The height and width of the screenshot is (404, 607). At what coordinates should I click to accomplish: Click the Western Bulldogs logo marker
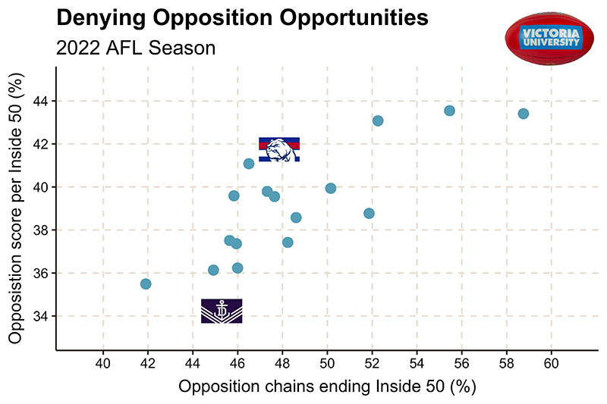(279, 149)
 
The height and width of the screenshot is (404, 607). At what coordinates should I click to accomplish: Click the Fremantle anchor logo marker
(222, 311)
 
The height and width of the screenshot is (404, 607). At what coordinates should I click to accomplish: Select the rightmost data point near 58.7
(523, 114)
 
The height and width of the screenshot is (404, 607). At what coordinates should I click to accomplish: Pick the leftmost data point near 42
(146, 283)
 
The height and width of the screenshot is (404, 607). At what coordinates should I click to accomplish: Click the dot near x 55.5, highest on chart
(449, 111)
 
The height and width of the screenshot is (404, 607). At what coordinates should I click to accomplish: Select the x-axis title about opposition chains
(326, 387)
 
